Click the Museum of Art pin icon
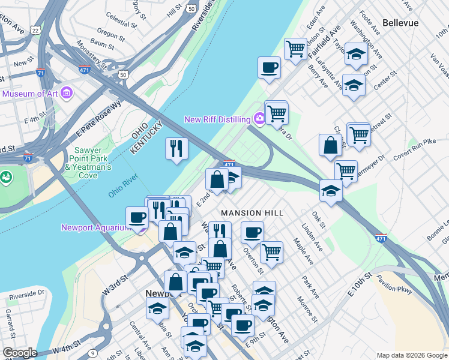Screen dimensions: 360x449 (66, 94)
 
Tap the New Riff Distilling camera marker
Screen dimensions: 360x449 (259, 119)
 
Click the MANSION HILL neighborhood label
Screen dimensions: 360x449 (249, 213)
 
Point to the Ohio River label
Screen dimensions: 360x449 (123, 186)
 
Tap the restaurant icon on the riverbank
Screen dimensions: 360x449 (176, 148)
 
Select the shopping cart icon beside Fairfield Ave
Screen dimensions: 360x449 (295, 47)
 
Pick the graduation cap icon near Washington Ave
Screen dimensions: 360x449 (356, 54)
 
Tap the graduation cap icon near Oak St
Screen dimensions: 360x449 (331, 190)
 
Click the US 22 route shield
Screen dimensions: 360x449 (36, 30)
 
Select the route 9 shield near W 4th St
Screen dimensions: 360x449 (92, 353)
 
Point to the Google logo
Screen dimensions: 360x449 (19, 353)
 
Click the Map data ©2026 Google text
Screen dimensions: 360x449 (411, 355)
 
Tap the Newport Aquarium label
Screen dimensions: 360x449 (96, 227)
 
